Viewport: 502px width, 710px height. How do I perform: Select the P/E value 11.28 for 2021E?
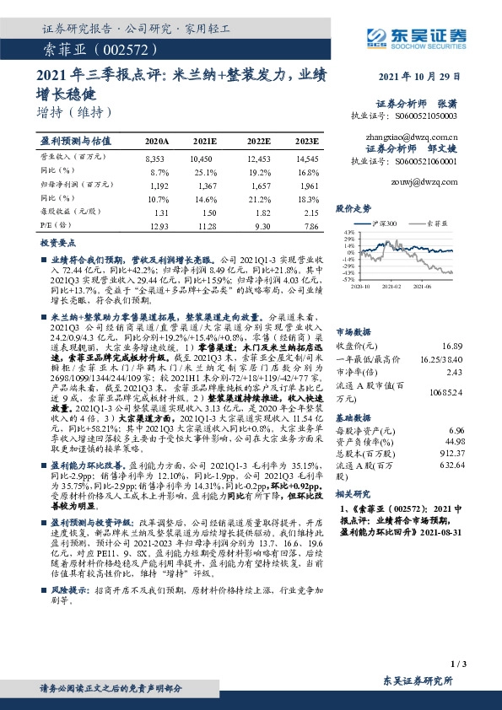click(205, 227)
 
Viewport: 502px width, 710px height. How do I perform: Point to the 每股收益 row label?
click(65, 213)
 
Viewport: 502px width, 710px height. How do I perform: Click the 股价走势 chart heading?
click(354, 207)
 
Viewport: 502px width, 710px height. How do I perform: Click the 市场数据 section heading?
click(354, 331)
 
